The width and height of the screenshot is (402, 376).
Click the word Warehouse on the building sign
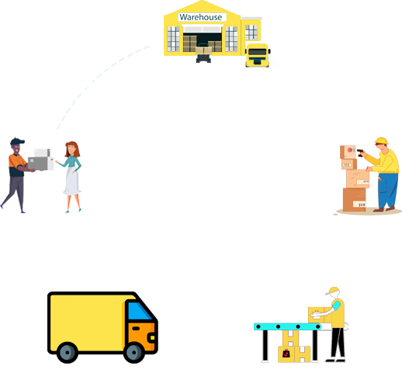[201, 17]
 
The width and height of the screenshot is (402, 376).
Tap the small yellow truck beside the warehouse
[258, 55]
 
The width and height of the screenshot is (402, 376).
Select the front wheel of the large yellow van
[134, 352]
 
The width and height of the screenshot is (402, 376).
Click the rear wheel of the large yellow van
[68, 352]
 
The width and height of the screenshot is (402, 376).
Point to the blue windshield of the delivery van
[139, 311]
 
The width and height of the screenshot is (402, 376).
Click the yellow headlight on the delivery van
[152, 337]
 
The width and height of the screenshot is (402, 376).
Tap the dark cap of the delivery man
[17, 141]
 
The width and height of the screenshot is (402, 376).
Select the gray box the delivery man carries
[38, 164]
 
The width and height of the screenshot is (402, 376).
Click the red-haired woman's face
[71, 149]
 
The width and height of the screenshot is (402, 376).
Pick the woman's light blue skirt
[72, 181]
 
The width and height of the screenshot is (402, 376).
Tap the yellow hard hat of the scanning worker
[382, 141]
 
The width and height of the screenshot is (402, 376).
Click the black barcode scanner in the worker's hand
[360, 153]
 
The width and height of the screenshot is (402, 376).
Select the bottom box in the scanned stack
[355, 199]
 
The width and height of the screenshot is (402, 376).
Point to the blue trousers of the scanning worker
[387, 190]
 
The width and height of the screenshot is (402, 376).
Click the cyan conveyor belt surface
[287, 326]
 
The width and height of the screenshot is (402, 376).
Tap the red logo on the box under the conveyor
[286, 354]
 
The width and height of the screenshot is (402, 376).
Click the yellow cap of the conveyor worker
[333, 290]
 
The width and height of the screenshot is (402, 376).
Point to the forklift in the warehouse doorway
[203, 53]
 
